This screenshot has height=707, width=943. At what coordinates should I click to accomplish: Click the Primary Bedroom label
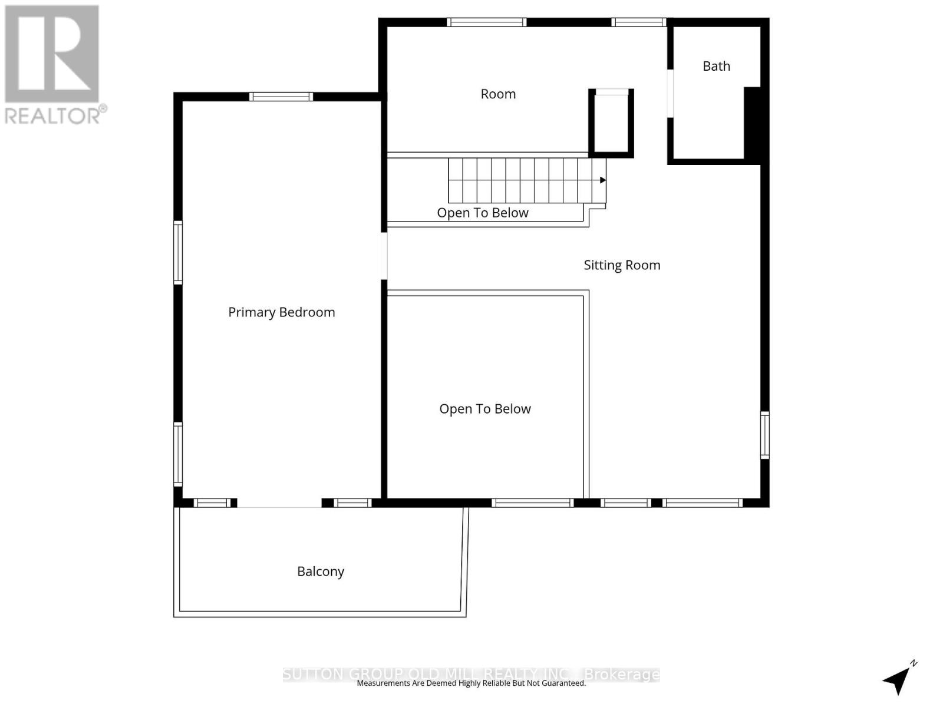tap(281, 312)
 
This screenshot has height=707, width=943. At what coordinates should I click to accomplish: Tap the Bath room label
tap(716, 66)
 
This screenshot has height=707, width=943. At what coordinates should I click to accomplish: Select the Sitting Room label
tap(622, 265)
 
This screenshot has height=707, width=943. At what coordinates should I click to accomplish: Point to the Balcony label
tap(320, 571)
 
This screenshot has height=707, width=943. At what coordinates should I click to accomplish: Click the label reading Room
tap(498, 94)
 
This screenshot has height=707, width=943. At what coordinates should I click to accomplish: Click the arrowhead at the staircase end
tap(602, 180)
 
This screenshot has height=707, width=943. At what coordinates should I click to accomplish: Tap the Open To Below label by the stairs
tap(482, 213)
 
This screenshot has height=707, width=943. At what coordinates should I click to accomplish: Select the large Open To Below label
tap(484, 409)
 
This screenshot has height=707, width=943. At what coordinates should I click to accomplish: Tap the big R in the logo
tap(52, 54)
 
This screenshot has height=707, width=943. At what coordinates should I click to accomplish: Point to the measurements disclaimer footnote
tap(471, 683)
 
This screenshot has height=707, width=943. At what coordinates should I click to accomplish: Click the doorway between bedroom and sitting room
tap(384, 256)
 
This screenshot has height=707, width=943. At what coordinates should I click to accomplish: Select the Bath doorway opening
tap(670, 93)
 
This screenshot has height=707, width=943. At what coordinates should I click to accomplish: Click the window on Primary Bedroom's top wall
tap(281, 97)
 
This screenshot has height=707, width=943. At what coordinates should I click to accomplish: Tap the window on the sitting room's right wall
tap(764, 435)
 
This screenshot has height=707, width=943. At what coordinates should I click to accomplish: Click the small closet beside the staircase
tap(611, 123)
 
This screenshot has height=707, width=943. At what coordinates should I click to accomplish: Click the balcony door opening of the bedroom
tap(279, 503)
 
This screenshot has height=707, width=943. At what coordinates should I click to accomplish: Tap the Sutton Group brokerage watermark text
tap(471, 674)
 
